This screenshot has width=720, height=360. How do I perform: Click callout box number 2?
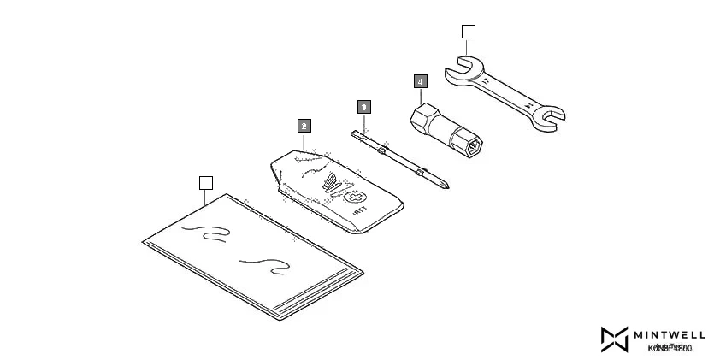pyautogui.click(x=304, y=125)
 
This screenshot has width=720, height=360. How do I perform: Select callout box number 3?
pyautogui.click(x=363, y=107)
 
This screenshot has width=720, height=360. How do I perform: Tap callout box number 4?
pyautogui.click(x=420, y=82)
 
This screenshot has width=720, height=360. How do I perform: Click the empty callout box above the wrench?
pyautogui.click(x=468, y=32)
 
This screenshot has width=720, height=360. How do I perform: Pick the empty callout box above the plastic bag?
pyautogui.click(x=205, y=182)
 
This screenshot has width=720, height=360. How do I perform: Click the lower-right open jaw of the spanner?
pyautogui.click(x=550, y=119)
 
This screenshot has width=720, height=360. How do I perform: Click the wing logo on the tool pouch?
pyautogui.click(x=329, y=182)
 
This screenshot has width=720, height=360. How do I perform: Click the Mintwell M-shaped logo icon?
pyautogui.click(x=614, y=339)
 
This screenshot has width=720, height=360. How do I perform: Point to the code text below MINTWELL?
pyautogui.click(x=670, y=348)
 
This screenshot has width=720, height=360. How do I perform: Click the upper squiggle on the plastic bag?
pyautogui.click(x=210, y=233)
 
